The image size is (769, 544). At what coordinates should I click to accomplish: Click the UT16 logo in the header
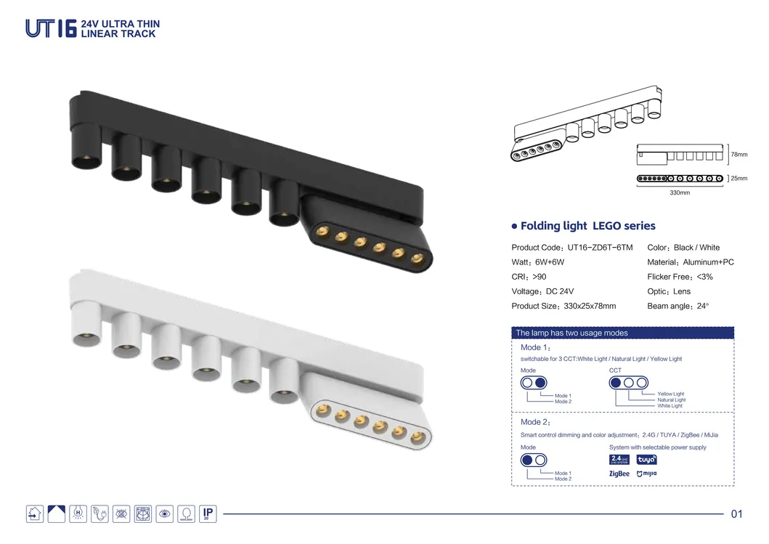(51, 28)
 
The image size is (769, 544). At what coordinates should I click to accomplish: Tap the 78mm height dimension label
(739, 155)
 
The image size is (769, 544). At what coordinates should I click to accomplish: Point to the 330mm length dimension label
(680, 193)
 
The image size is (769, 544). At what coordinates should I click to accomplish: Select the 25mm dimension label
(739, 178)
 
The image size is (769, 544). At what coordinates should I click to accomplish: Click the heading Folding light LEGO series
(587, 226)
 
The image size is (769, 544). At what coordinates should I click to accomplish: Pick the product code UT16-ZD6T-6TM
(571, 248)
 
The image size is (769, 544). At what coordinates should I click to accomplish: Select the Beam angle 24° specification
(678, 306)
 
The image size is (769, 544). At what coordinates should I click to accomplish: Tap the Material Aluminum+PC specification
(690, 262)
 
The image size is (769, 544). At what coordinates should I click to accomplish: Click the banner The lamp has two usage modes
(571, 333)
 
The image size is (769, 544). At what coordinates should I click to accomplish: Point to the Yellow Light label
(670, 394)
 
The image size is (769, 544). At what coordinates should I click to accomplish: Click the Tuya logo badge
(646, 459)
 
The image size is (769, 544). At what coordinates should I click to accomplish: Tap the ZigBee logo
(619, 474)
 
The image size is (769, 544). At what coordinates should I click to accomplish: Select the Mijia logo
(646, 474)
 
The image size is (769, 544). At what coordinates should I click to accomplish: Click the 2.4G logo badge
(619, 459)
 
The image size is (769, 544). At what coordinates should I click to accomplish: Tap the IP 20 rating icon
(207, 513)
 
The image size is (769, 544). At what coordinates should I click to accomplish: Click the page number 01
(736, 514)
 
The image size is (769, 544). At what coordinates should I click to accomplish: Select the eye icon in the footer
(165, 514)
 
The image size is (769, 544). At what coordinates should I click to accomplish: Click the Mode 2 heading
(536, 422)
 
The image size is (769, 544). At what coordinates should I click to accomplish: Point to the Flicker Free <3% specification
(680, 277)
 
